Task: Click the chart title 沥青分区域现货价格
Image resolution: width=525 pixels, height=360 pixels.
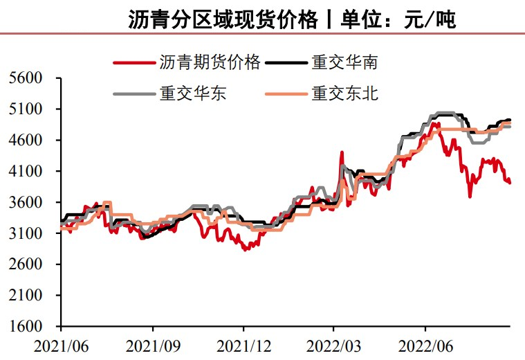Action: point(221,19)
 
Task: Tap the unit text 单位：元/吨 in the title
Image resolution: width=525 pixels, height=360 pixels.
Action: point(398,19)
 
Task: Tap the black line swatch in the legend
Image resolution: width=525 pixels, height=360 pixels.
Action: point(286,63)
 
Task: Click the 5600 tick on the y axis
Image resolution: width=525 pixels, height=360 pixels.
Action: point(26,78)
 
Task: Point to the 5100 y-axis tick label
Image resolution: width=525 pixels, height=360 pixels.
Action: point(26,109)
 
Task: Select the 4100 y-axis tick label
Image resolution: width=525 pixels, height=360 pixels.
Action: point(26,171)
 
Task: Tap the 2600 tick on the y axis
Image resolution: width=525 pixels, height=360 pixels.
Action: point(26,264)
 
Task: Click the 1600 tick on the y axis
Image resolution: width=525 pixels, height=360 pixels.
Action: point(26,326)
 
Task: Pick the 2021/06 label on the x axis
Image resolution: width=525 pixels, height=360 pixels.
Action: point(60,344)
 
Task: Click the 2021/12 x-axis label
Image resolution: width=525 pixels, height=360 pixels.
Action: point(243,344)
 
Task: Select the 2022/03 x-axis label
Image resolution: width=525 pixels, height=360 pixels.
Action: point(334,344)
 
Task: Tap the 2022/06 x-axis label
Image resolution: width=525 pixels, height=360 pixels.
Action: point(425,344)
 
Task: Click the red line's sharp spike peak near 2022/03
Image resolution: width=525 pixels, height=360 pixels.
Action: point(342,152)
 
